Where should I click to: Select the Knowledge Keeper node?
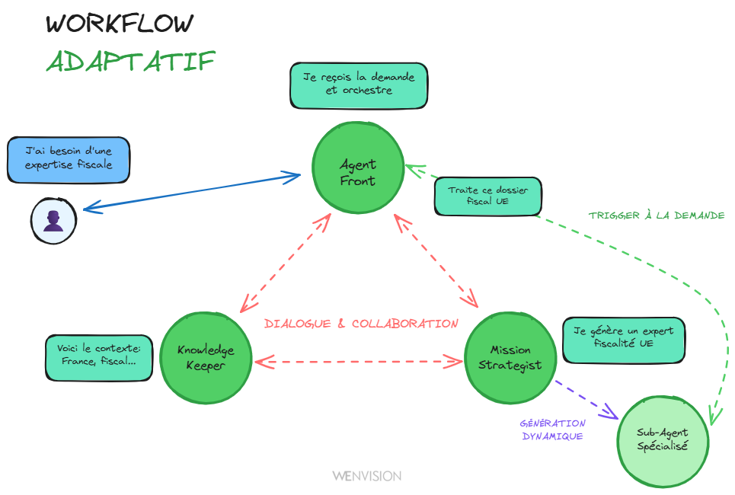tap(206, 357)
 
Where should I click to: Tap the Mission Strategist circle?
tap(510, 357)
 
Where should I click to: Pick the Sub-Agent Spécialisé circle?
tap(663, 440)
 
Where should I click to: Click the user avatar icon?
tap(53, 222)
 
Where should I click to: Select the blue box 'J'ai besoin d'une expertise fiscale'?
tap(69, 159)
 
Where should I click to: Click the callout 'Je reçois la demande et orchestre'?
tap(358, 85)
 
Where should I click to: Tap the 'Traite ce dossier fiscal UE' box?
tap(488, 196)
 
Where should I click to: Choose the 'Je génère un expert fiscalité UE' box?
tap(623, 339)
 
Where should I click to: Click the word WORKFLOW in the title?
tap(120, 24)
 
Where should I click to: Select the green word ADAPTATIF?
tap(130, 62)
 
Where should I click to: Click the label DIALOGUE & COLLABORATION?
tap(361, 324)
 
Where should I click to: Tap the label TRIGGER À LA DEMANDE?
tap(656, 216)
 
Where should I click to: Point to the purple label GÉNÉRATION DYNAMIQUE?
tap(553, 430)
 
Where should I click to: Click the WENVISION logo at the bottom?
tap(366, 476)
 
